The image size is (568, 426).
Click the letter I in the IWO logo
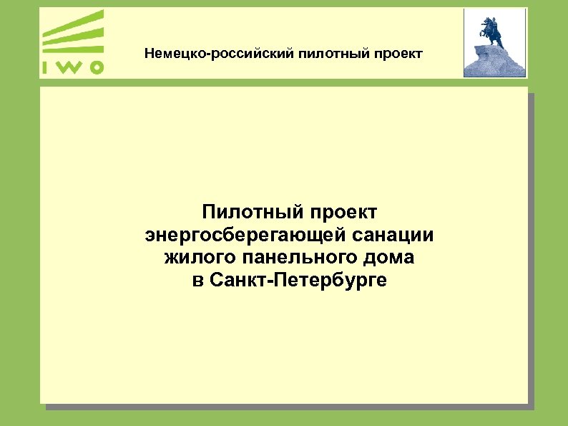point(45,67)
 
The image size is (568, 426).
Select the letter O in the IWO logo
point(95,67)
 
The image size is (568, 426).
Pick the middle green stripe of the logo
point(75,37)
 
